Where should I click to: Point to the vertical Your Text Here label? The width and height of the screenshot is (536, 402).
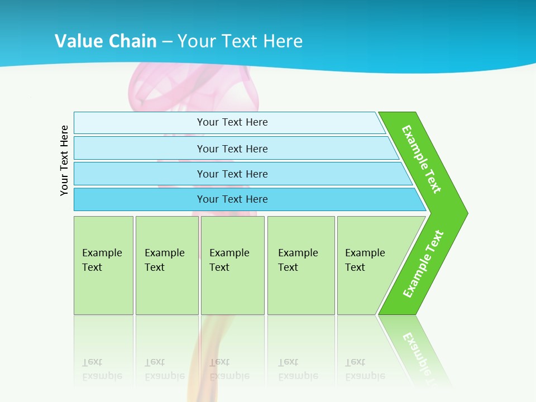64,160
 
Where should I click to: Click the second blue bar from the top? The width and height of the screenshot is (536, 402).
232,149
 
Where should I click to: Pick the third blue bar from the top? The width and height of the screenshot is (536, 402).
232,174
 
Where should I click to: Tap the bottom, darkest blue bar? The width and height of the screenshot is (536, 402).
232,199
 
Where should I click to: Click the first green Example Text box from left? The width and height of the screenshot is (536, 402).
103,265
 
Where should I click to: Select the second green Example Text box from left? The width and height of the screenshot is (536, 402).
166,265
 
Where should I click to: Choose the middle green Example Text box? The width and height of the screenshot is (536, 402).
232,265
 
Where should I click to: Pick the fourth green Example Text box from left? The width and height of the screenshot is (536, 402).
300,265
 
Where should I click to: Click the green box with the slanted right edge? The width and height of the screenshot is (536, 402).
371,265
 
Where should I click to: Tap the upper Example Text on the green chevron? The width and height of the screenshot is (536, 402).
422,159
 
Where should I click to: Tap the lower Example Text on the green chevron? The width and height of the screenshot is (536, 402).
423,264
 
